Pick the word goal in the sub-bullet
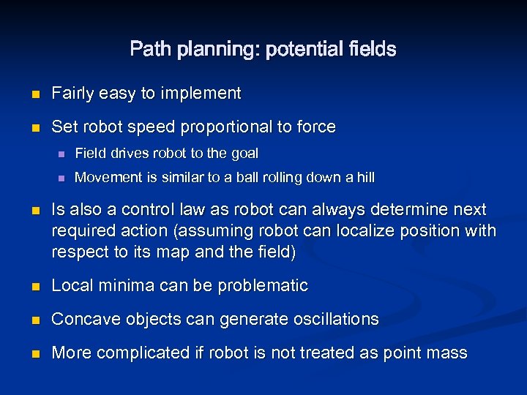244,154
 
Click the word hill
364,177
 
